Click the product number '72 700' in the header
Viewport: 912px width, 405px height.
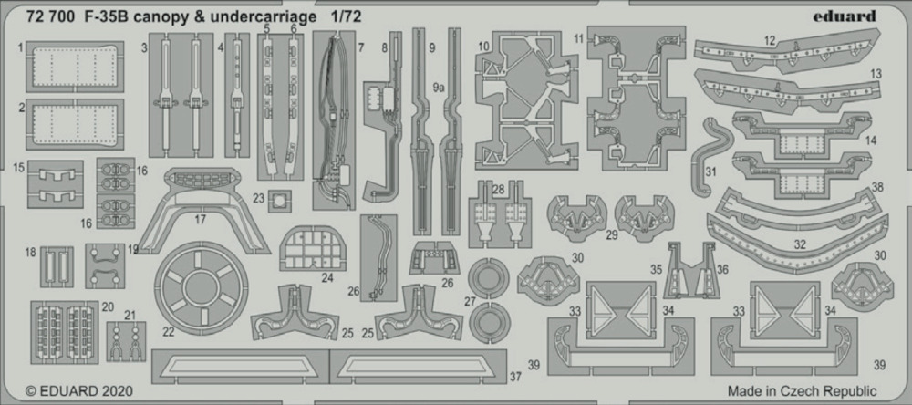(50, 16)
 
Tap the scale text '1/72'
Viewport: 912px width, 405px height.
(347, 16)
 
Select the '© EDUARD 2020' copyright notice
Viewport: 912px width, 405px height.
(79, 390)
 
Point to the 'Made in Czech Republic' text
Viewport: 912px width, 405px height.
(802, 390)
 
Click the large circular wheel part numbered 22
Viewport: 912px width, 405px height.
(201, 289)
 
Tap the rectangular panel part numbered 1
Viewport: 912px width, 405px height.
(75, 67)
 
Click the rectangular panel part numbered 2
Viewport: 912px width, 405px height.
(75, 124)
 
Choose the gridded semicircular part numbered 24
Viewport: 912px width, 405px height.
(314, 248)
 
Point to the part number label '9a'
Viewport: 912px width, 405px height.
(439, 88)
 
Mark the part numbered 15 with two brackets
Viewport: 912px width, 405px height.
(56, 184)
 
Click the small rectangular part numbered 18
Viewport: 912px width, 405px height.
(57, 266)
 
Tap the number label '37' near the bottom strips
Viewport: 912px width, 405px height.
(515, 377)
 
